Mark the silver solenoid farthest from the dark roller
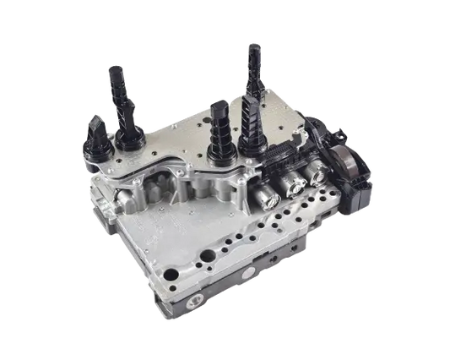(x=269, y=195)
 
